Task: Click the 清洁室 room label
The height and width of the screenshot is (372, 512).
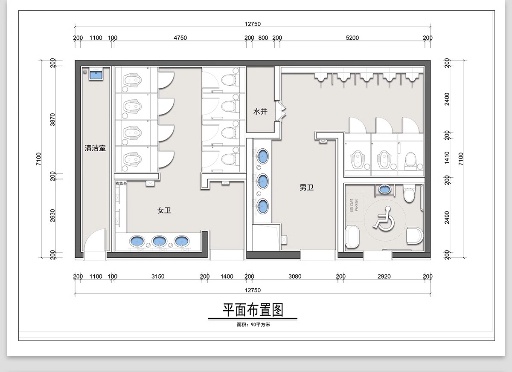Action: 95,148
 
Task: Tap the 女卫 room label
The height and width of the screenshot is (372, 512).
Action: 164,210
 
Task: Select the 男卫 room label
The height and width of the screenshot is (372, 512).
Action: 306,187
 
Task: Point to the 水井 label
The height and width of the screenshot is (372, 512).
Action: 260,111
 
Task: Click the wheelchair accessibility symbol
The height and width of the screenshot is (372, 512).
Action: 384,218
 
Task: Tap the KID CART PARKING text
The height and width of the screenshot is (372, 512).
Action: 354,205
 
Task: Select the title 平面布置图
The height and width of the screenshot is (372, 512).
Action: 253,309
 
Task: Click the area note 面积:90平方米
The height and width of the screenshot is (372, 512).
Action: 253,324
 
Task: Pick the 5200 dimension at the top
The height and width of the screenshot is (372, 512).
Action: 352,37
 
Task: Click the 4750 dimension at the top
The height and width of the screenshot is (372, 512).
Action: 180,37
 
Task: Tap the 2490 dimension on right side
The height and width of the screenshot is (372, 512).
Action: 447,217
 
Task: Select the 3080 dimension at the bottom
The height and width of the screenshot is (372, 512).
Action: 294,276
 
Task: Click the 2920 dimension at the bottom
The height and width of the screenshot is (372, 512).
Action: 384,276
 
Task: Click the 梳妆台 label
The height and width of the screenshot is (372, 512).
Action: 121,183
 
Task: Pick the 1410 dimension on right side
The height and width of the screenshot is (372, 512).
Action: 447,157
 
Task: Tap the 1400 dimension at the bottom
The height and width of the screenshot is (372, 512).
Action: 227,276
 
